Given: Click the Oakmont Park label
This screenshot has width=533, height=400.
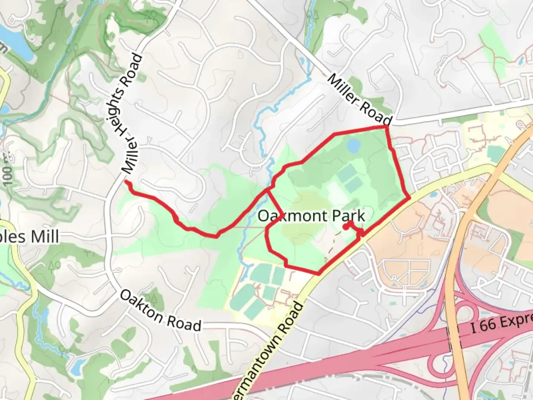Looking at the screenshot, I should (x=311, y=216).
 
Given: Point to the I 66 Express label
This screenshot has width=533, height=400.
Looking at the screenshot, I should (x=502, y=323).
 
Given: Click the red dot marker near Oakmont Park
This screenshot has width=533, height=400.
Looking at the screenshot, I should (x=345, y=227).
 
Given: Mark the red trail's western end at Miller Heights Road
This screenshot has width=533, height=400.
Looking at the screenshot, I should (x=127, y=182).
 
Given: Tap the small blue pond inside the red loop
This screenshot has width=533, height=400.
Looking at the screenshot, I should (x=353, y=145).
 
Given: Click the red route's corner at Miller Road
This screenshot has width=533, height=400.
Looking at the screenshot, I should (x=386, y=127).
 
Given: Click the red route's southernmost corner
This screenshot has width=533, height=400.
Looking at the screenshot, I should (x=318, y=274).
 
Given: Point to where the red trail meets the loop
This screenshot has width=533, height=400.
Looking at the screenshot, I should (x=268, y=190).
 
